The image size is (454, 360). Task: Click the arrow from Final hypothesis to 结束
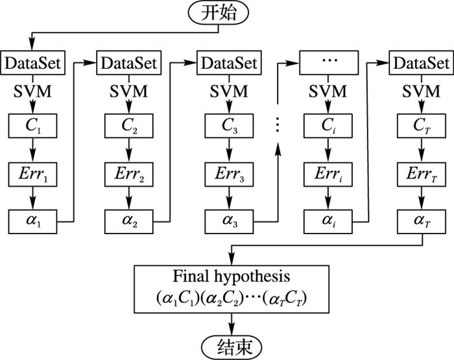[x=232, y=321]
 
